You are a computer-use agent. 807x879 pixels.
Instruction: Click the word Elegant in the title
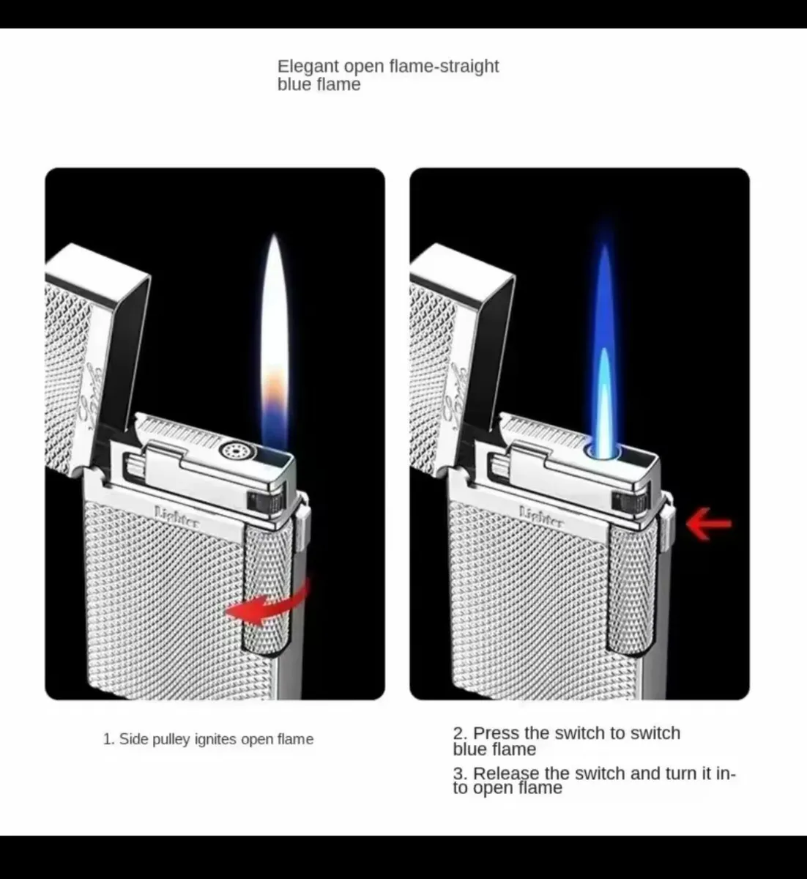tap(308, 67)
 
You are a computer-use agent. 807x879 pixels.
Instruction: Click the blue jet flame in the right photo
tap(603, 352)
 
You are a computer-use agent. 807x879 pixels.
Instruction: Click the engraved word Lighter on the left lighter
tap(176, 516)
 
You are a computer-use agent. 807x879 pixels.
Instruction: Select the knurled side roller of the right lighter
tap(633, 586)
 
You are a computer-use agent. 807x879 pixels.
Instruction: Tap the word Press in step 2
tap(497, 733)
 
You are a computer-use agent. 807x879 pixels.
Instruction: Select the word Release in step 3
tap(505, 774)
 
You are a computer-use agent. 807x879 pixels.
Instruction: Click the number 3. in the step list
tap(460, 774)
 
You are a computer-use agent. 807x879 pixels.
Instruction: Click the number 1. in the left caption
tap(108, 739)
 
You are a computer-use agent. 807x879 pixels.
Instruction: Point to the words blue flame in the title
tap(319, 84)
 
